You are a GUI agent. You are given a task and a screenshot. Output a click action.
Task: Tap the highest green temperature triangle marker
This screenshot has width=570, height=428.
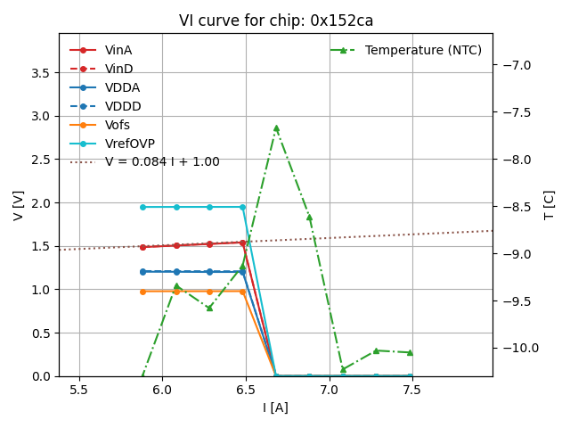276,128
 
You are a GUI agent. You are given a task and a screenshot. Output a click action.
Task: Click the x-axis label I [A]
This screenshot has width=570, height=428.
275,407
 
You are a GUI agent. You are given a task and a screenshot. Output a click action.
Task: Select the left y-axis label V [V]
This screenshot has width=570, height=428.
19,205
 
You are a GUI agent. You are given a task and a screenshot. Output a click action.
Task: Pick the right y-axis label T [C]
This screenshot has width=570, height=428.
549,205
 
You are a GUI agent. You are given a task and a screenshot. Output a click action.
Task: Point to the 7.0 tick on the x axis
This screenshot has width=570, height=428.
330,390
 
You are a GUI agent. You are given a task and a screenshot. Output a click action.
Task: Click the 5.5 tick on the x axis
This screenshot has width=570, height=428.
79,390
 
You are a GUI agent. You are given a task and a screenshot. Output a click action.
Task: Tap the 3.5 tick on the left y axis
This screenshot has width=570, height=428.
40,72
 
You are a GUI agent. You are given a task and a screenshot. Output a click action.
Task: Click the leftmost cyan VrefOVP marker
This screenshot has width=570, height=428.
142,207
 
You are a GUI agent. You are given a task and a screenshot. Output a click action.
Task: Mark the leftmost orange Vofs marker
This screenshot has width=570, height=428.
142,292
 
